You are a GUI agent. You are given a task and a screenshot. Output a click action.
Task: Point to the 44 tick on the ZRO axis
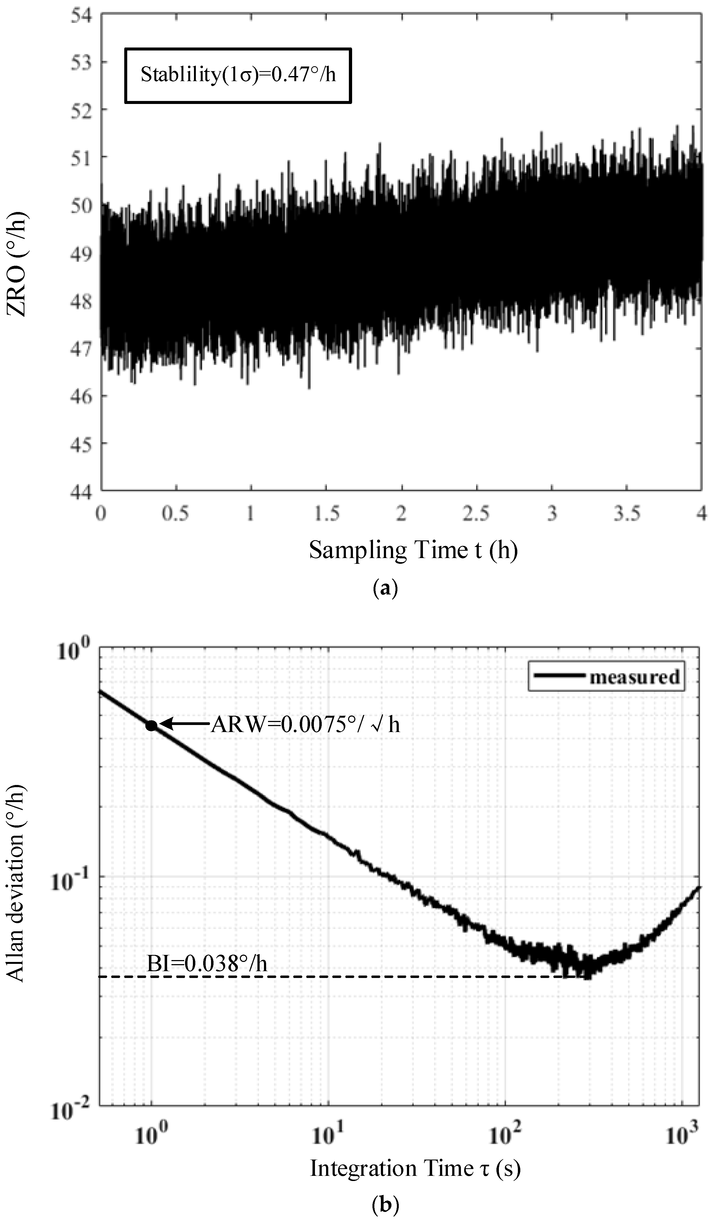click(x=81, y=492)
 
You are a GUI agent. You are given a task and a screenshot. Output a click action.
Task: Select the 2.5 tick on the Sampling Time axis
click(x=476, y=513)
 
